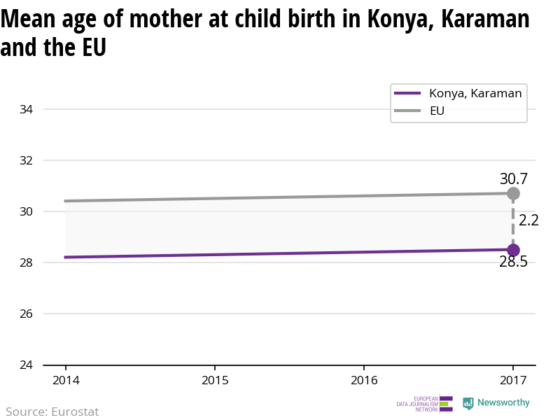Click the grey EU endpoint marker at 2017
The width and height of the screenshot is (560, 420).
[513, 193]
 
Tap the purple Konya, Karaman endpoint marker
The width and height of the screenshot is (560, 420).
[513, 250]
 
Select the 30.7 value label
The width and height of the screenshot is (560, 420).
[513, 178]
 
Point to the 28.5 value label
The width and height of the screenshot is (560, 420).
[513, 262]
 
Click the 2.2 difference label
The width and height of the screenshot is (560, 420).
[528, 220]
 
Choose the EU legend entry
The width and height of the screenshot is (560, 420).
[437, 111]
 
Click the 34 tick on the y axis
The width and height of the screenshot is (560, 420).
[27, 109]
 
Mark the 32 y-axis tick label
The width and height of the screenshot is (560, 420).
[27, 160]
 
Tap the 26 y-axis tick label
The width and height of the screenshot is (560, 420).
[27, 314]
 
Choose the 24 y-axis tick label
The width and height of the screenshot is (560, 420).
[27, 365]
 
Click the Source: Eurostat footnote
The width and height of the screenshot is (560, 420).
[52, 412]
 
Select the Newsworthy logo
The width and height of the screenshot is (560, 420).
[496, 403]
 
